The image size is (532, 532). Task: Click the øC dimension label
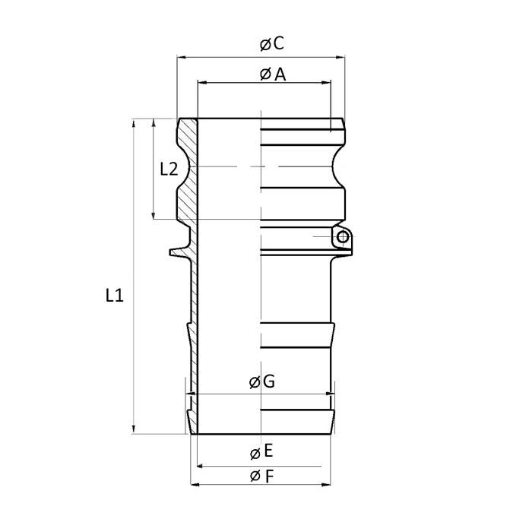tap(271, 44)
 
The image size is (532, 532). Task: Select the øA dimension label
tap(271, 74)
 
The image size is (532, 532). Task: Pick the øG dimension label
tap(261, 383)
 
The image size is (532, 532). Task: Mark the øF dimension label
tap(261, 476)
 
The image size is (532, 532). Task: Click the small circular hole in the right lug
tap(343, 238)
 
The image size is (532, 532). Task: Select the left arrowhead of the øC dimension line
tap(181, 56)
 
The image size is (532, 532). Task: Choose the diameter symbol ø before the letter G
tap(254, 383)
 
